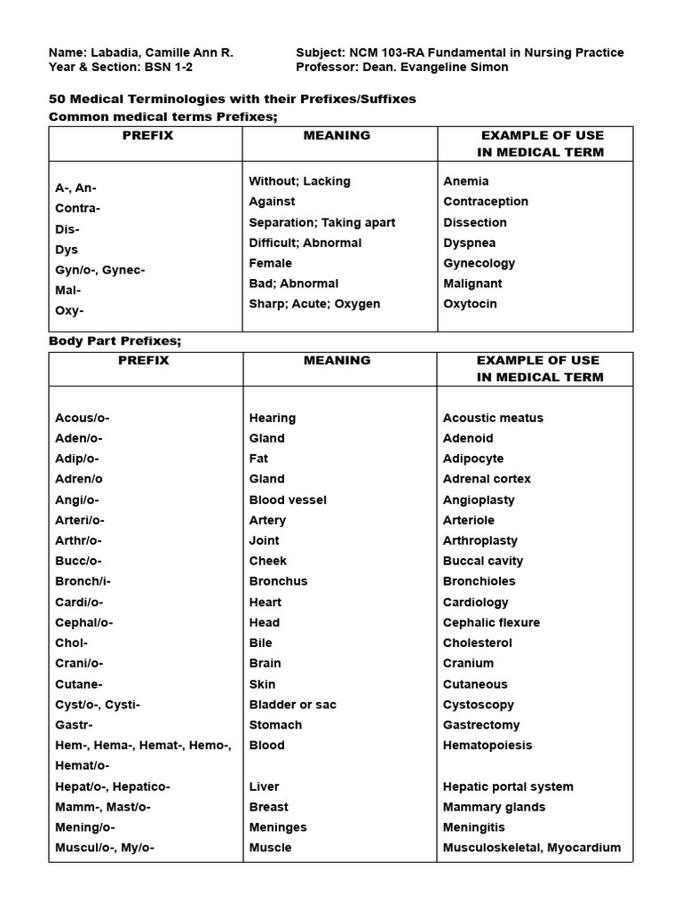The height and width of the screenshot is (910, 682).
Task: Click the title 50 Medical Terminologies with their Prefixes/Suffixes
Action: [x=232, y=99]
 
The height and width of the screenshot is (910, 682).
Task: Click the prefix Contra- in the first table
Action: [x=78, y=208]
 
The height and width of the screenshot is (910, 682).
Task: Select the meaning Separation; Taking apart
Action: [x=322, y=222]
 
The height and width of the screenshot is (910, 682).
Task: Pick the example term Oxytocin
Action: [x=471, y=304]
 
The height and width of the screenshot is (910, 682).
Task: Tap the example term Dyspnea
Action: [x=470, y=243]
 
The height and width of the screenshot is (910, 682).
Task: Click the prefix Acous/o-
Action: [x=83, y=418]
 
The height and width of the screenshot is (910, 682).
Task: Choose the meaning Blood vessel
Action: [x=288, y=499]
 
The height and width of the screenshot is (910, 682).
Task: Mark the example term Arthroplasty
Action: [x=480, y=540]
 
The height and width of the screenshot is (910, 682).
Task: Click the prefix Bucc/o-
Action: [x=79, y=561]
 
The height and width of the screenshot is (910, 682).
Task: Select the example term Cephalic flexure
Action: [x=491, y=622]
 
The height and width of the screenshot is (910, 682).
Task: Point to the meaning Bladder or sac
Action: [x=293, y=705]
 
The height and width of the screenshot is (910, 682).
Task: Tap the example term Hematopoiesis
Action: [x=488, y=746]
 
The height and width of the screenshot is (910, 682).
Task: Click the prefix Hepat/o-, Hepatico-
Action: [x=113, y=786]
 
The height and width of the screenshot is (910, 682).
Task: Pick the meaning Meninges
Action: [x=278, y=827]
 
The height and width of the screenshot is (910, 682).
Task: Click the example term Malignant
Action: [x=472, y=283]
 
